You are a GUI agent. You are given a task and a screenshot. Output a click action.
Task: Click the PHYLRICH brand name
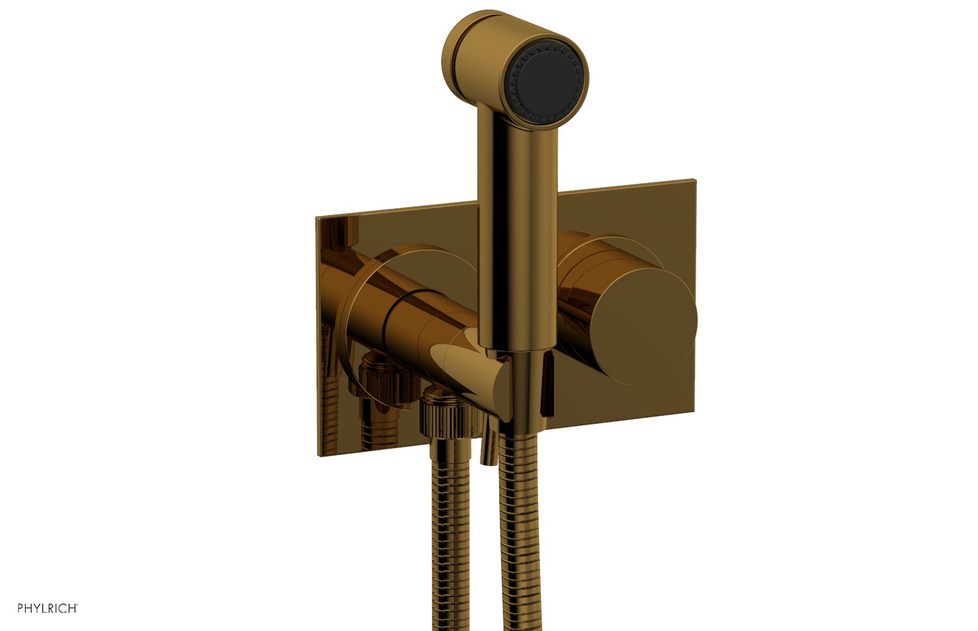click(x=47, y=608)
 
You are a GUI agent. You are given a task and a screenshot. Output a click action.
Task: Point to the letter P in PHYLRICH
click(x=21, y=608)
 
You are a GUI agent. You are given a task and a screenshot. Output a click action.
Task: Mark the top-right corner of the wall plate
click(x=695, y=180)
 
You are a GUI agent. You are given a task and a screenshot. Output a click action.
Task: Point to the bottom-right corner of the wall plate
click(x=694, y=411)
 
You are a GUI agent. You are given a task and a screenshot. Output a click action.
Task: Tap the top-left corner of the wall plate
click(x=317, y=218)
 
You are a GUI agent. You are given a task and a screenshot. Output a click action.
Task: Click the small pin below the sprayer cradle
click(x=487, y=449)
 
